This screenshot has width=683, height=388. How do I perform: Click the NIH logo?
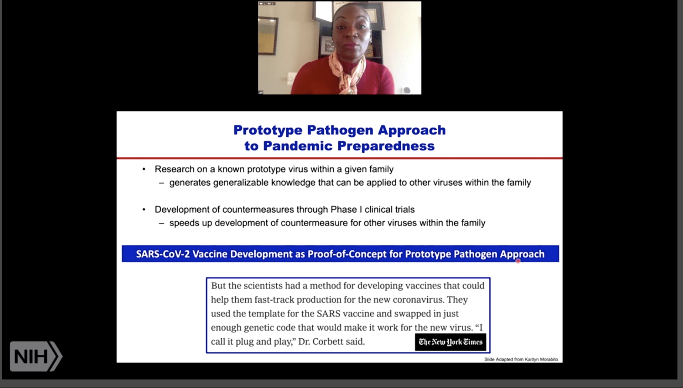click(x=36, y=356)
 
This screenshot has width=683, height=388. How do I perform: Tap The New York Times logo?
click(x=450, y=342)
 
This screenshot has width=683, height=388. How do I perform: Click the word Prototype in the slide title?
click(x=268, y=130)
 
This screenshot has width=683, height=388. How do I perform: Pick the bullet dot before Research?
click(x=144, y=169)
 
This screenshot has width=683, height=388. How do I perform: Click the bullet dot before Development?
click(x=144, y=209)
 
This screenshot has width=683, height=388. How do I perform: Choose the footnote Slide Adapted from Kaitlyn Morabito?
click(x=521, y=359)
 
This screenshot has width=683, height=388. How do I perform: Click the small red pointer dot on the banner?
click(x=518, y=261)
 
